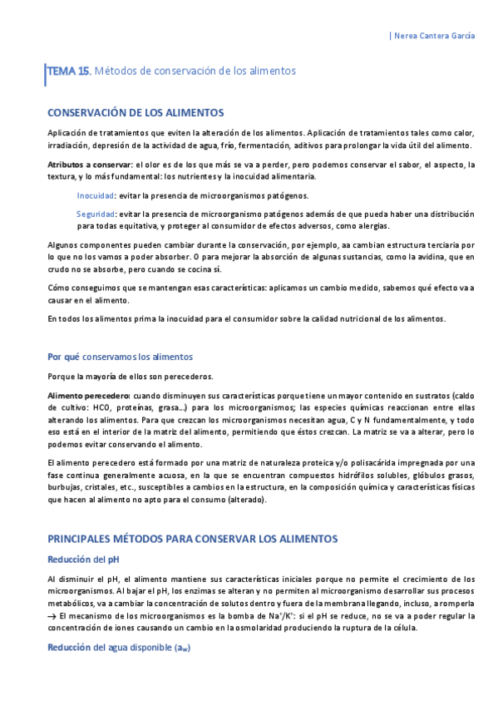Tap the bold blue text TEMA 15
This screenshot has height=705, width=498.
tap(68, 71)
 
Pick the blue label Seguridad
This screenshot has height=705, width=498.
tap(96, 214)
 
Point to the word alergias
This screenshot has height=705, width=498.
tap(372, 226)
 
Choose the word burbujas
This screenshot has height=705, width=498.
tap(66, 488)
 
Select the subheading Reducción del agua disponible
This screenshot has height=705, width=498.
tap(119, 648)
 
